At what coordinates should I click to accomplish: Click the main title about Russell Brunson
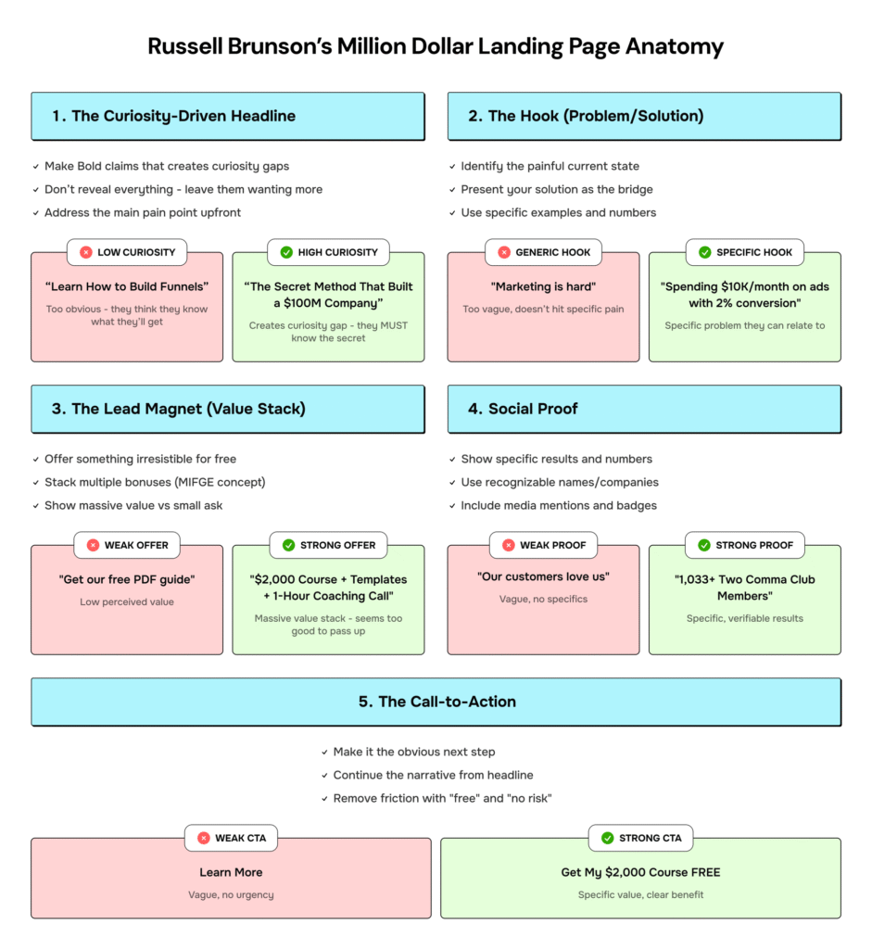pyautogui.click(x=436, y=47)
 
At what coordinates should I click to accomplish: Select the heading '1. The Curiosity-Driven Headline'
pyautogui.click(x=174, y=116)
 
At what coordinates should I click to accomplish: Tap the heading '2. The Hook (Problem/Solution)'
pyautogui.click(x=586, y=116)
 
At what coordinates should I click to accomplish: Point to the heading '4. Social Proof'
pyautogui.click(x=523, y=409)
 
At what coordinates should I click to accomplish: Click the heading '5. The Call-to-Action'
pyautogui.click(x=437, y=702)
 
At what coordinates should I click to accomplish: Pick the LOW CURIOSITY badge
pyautogui.click(x=127, y=252)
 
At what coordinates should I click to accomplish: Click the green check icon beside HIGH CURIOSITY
pyautogui.click(x=286, y=252)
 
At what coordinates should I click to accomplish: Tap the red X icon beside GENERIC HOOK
pyautogui.click(x=504, y=252)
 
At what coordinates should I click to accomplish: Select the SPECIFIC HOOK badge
pyautogui.click(x=745, y=252)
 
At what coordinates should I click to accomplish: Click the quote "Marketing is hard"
pyautogui.click(x=544, y=286)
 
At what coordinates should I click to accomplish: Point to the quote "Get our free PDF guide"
pyautogui.click(x=127, y=579)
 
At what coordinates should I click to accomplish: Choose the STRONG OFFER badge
pyautogui.click(x=328, y=545)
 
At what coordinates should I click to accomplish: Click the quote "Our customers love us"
pyautogui.click(x=544, y=576)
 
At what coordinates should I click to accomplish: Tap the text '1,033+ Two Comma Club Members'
pyautogui.click(x=745, y=588)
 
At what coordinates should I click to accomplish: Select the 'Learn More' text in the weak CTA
pyautogui.click(x=231, y=872)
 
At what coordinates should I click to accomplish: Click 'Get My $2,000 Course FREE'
pyautogui.click(x=640, y=872)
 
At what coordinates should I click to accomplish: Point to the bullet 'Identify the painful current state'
pyautogui.click(x=550, y=166)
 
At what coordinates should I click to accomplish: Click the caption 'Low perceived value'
pyautogui.click(x=127, y=602)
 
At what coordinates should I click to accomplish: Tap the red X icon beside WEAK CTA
pyautogui.click(x=204, y=838)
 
